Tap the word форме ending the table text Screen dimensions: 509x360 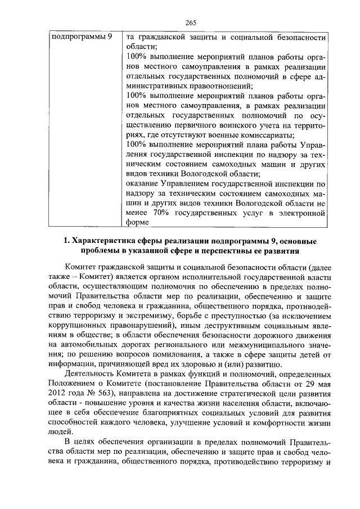pos(137,222)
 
